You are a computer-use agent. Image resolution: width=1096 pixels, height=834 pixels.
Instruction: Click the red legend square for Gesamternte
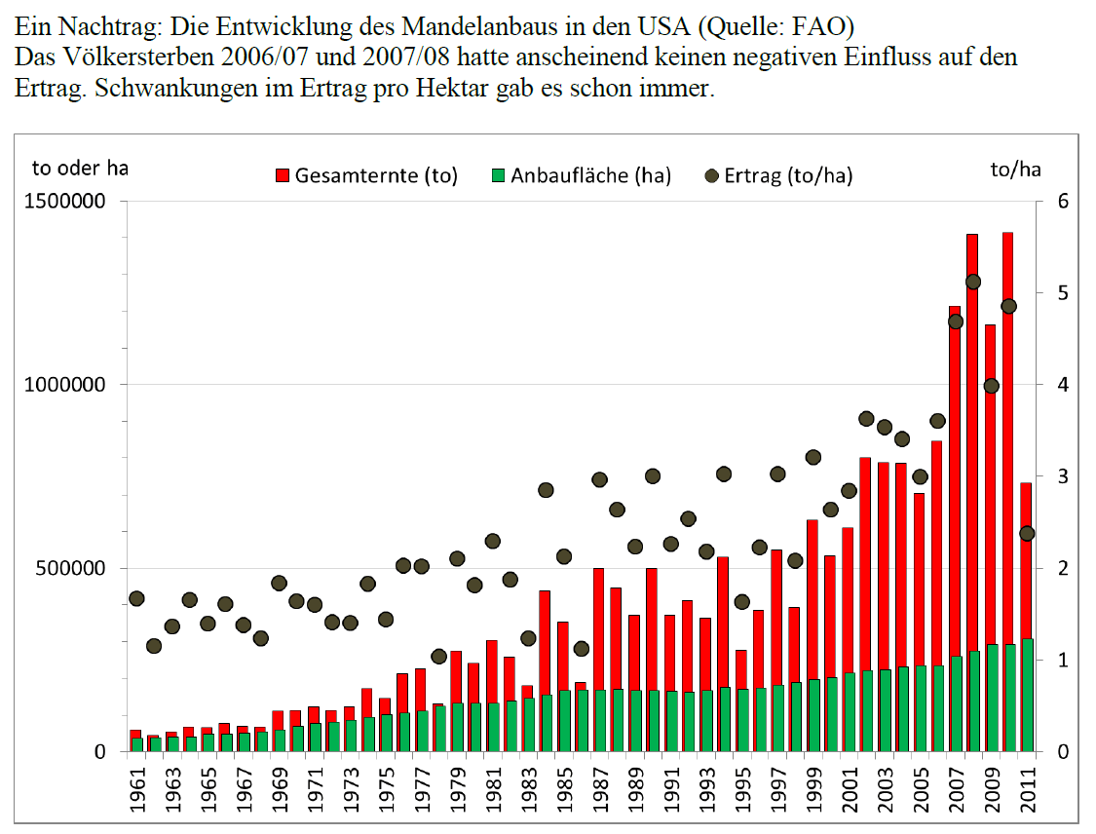point(283,176)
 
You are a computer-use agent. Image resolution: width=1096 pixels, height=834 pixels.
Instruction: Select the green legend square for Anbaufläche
point(499,176)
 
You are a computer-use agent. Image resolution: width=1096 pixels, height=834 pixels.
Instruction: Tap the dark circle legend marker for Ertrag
point(711,176)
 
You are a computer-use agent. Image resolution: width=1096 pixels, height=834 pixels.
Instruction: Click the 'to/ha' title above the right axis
point(1015,170)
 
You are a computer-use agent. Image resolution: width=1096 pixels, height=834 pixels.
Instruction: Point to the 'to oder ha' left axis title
point(80,168)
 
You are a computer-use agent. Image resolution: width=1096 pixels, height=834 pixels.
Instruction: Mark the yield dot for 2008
point(972,282)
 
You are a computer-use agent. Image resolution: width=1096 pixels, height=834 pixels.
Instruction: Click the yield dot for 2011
point(1026,533)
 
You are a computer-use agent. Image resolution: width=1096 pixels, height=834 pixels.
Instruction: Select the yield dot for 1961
point(136,598)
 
